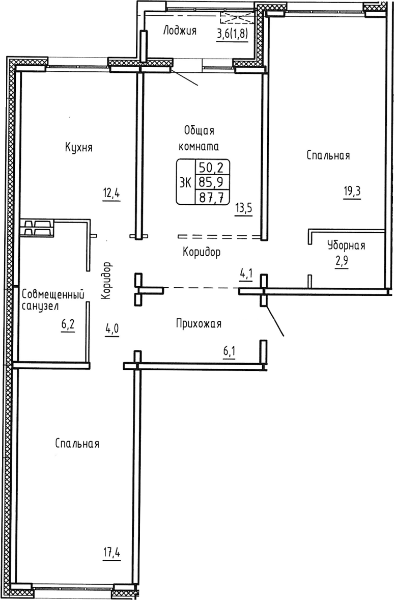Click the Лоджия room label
179,31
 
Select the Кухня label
79,148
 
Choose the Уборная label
346,246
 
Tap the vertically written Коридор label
106,281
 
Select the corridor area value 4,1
246,275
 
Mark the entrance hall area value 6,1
230,352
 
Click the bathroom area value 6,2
68,323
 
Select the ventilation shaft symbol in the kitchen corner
37,228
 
